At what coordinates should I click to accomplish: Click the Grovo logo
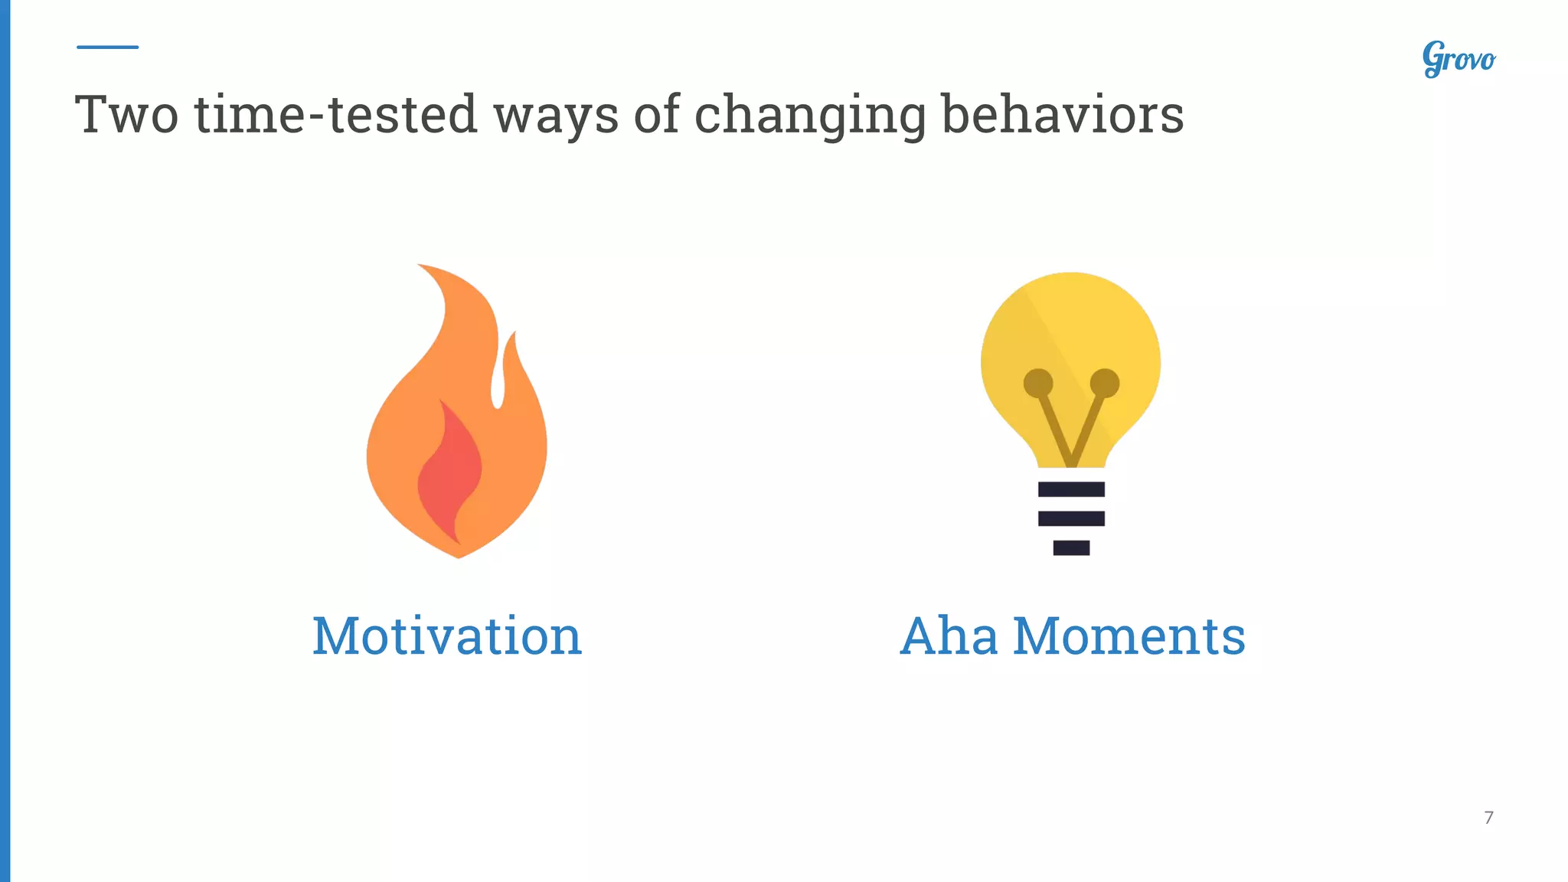coord(1459,59)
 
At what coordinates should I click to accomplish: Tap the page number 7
coord(1488,818)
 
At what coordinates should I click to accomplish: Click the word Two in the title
coord(126,115)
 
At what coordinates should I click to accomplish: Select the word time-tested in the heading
coord(336,115)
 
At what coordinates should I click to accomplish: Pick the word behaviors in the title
coord(1062,115)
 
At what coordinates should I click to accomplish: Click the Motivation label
coord(447,636)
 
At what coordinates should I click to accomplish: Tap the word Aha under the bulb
coord(949,636)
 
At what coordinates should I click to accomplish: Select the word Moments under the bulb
coord(1129,636)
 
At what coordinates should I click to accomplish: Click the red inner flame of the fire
coord(449,475)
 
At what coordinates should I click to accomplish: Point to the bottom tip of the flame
coord(459,555)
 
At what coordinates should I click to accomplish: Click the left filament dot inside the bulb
coord(1038,383)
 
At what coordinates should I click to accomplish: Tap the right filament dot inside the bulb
coord(1105,383)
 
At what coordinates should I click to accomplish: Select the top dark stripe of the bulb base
coord(1071,489)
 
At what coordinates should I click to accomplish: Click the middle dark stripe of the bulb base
coord(1071,518)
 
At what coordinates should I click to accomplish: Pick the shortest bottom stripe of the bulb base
coord(1071,547)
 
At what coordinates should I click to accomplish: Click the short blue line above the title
coord(107,47)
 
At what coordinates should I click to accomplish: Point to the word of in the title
coord(657,115)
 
